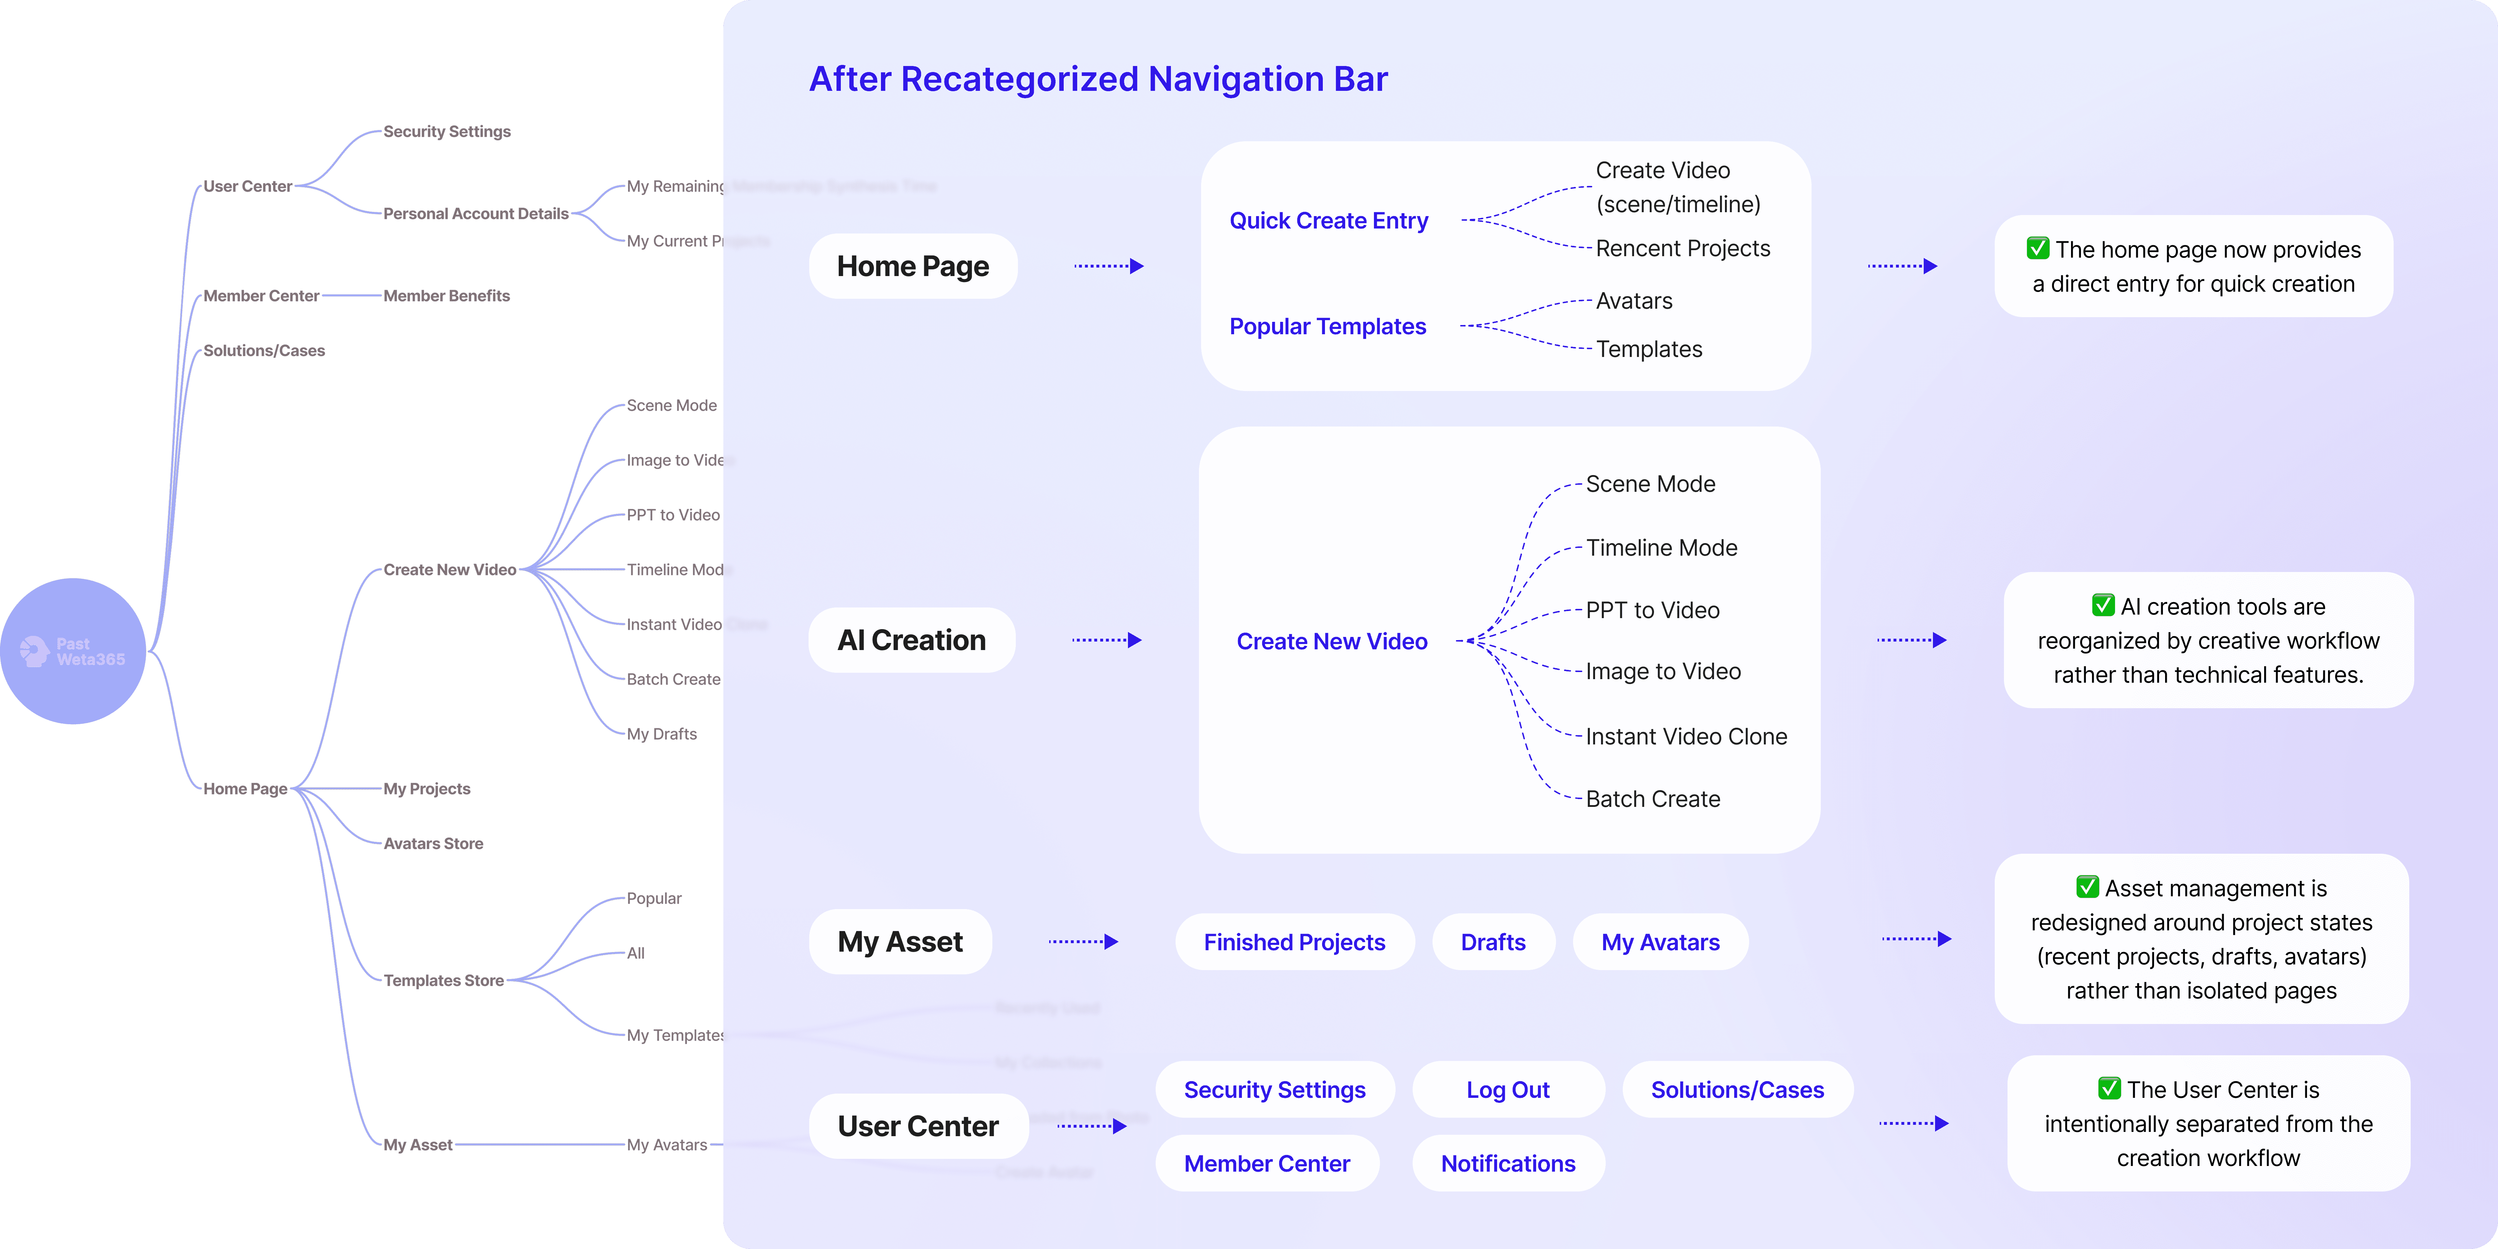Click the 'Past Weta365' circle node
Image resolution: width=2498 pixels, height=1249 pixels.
pos(73,651)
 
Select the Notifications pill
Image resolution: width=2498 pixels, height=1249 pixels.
pos(1508,1164)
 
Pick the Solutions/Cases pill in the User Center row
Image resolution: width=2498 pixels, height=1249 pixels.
pos(1737,1090)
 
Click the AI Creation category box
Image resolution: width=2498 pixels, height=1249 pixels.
pos(911,640)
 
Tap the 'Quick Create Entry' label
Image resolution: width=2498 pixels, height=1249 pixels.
pos(1329,221)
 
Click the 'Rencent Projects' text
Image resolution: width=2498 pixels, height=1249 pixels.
pos(1682,248)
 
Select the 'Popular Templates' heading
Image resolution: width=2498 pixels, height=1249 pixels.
pos(1327,327)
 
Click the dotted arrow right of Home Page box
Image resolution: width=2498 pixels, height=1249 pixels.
pos(1108,266)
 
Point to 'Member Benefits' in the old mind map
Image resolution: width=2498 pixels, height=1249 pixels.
pos(446,296)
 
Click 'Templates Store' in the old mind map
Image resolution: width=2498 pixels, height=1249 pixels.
pos(443,980)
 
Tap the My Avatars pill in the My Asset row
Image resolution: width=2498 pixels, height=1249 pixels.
pos(1660,942)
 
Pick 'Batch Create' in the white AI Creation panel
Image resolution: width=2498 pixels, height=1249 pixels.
pos(1653,799)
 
